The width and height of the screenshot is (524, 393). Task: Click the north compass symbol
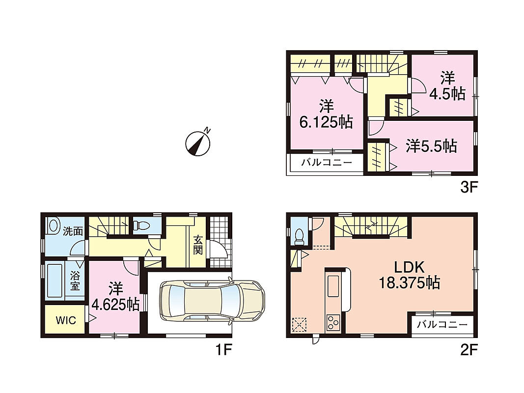pos(198,142)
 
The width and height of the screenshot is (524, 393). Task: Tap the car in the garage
pos(212,301)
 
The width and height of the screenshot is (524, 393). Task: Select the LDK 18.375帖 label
pos(409,275)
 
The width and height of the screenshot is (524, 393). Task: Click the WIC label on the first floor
pos(66,320)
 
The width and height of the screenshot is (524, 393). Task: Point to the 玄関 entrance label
pos(198,245)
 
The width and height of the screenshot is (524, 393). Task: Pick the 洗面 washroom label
pos(73,231)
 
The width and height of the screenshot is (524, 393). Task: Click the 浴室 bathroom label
pos(75,281)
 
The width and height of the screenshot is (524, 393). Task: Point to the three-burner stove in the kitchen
pos(332,323)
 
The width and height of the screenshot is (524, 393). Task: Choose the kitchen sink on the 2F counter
pos(333,285)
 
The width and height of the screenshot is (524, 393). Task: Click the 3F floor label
pos(468,187)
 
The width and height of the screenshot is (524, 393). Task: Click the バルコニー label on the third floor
pos(327,163)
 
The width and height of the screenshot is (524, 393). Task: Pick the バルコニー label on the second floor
pos(442,324)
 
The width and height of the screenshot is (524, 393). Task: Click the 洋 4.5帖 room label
pos(447,86)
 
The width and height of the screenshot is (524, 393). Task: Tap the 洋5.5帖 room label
pos(431,146)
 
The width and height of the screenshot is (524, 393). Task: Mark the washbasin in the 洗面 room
pos(53,226)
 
